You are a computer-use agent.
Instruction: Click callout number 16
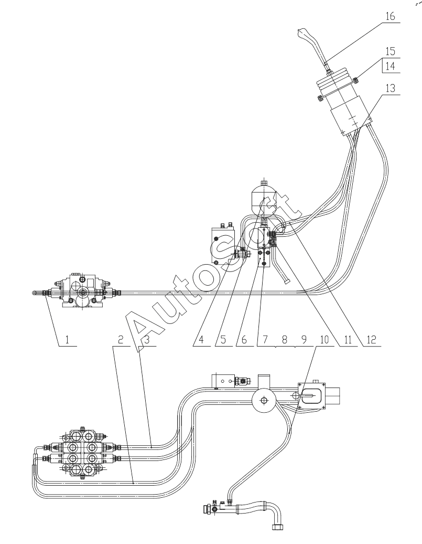click(390, 16)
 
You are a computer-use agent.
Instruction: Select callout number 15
click(390, 51)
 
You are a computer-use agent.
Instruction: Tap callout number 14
click(390, 66)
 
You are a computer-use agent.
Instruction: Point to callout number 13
click(390, 88)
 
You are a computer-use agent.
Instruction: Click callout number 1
click(67, 340)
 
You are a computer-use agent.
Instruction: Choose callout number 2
click(120, 340)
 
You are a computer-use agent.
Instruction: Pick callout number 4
click(201, 340)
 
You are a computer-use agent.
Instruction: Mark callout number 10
click(324, 340)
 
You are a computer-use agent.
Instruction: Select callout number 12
click(371, 340)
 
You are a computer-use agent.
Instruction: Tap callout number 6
click(244, 340)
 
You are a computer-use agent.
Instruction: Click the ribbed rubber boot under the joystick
click(336, 80)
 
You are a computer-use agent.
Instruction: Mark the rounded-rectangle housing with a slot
click(312, 395)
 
